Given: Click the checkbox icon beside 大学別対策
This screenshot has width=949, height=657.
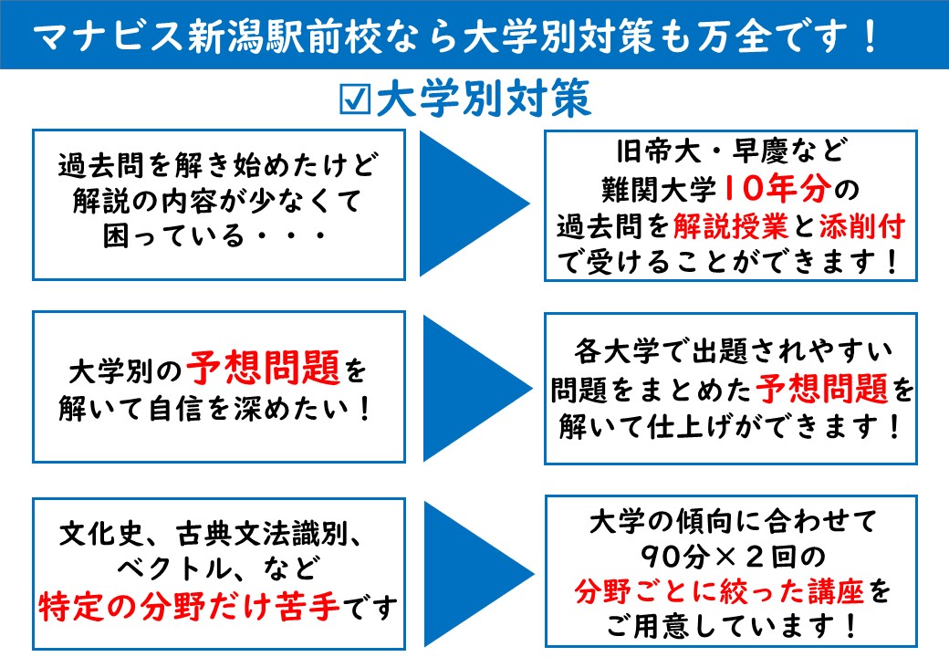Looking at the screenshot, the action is pos(354,99).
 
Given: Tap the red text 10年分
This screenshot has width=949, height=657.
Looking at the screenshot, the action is pos(777,188).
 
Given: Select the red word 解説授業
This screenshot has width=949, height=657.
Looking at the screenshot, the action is pos(731,225).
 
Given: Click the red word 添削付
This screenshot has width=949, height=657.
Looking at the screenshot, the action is pos(861,225).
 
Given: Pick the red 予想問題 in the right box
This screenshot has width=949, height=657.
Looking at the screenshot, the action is pos(821,389).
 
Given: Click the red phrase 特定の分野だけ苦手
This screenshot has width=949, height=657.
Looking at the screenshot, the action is pos(189,606).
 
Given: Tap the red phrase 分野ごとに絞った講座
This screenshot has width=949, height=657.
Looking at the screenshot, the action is pos(719,590).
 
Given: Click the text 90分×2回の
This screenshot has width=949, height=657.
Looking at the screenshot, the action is pos(733,556).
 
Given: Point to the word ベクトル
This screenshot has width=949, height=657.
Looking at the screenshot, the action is pos(174,568).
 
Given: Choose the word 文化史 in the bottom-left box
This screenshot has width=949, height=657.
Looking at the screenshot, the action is pos(100,534).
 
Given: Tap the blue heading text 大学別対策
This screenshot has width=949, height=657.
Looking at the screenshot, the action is pos(483,98).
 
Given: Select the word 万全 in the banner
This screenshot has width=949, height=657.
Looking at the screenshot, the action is pos(735,36).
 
